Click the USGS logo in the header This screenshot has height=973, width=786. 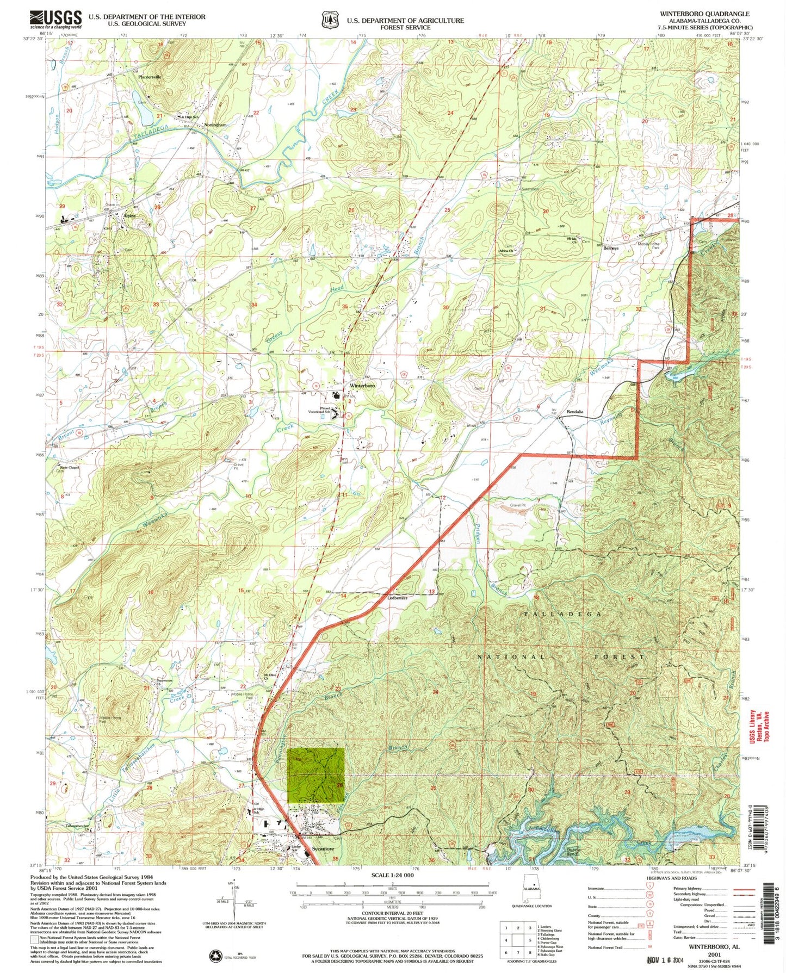tap(55, 20)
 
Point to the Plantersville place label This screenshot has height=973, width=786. tap(150, 77)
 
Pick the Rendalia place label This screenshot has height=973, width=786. tap(575, 412)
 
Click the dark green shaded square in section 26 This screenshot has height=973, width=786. tap(315, 775)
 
